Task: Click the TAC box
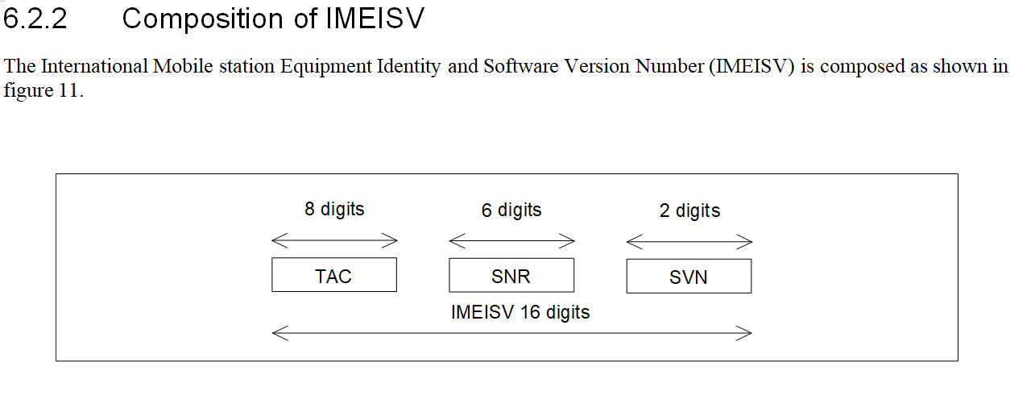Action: point(334,275)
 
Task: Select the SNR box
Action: point(511,276)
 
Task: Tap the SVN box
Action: point(689,277)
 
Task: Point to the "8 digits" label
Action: point(334,209)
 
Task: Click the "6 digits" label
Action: point(511,210)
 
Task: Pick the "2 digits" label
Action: point(689,211)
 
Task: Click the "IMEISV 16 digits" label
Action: point(520,312)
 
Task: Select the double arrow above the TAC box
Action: point(334,240)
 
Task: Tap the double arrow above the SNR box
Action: point(511,241)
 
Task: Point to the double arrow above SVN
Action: point(689,242)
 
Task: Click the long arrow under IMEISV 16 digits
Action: point(511,334)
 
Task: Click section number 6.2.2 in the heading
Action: point(35,19)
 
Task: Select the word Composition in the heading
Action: point(203,20)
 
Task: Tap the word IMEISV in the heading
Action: point(375,19)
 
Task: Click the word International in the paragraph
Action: point(95,66)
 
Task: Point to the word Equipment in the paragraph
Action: point(325,67)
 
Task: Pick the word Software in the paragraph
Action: point(521,66)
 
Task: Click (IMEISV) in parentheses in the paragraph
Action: point(751,67)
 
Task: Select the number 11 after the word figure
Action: point(69,90)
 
